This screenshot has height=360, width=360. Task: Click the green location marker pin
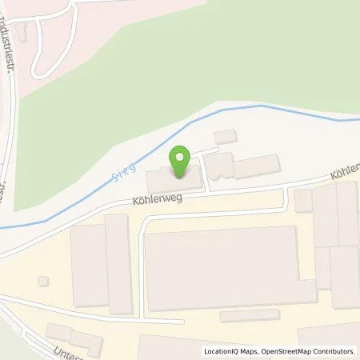[180, 157]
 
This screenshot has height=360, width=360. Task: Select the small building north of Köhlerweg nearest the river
[226, 136]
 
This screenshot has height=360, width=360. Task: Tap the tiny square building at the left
[43, 280]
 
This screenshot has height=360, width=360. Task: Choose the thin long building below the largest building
[249, 316]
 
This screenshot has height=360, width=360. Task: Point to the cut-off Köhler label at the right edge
[348, 169]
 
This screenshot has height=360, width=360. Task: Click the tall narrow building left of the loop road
[118, 263]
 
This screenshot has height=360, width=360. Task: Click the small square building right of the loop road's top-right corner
[303, 200]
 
